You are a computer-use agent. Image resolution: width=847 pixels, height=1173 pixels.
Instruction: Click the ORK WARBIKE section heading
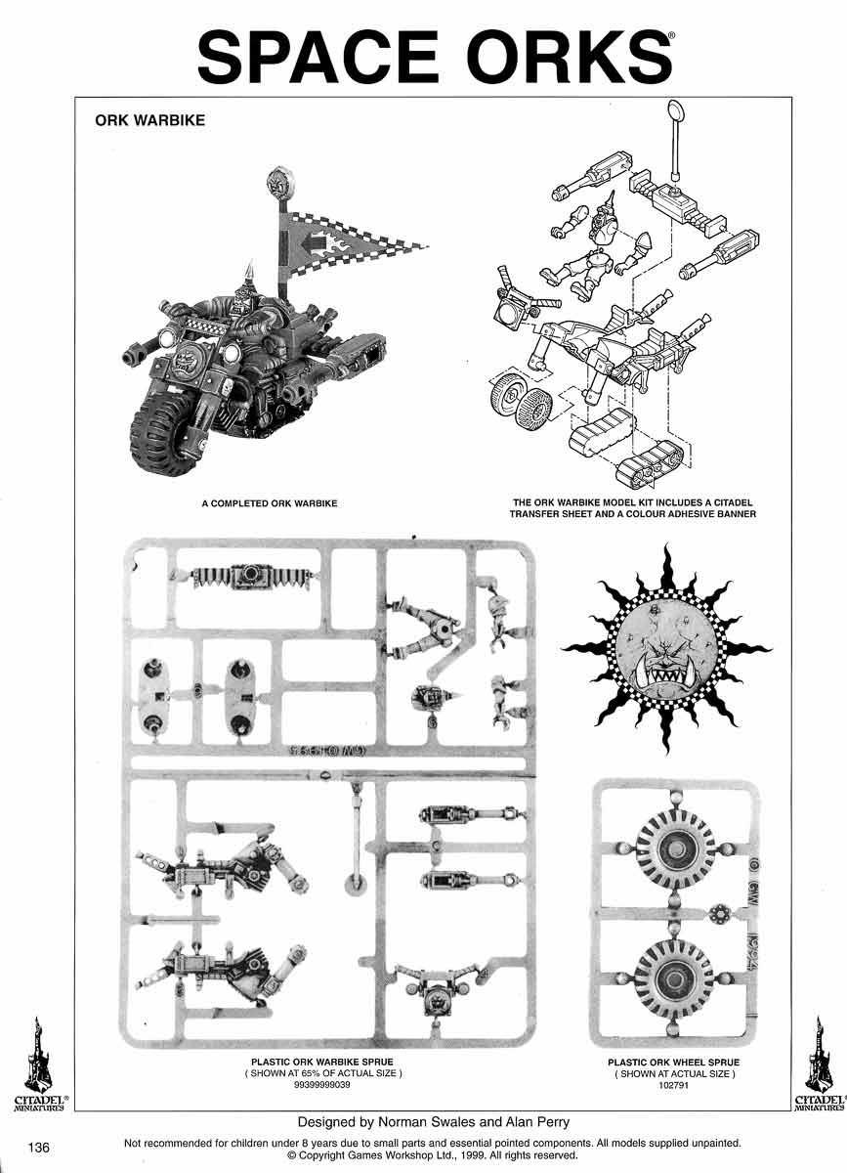click(x=148, y=122)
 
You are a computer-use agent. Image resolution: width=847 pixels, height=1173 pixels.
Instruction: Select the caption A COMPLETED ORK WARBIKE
click(x=270, y=504)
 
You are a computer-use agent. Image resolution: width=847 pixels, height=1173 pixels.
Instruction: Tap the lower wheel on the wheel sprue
click(x=673, y=978)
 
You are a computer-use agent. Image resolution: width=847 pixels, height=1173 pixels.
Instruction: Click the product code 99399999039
click(x=322, y=1084)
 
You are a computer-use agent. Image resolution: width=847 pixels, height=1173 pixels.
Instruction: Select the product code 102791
click(x=673, y=1084)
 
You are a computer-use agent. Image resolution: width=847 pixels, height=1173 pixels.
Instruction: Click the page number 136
click(x=39, y=1147)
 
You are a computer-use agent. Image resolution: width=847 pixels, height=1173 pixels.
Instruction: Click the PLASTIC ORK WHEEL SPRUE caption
click(x=673, y=1063)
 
